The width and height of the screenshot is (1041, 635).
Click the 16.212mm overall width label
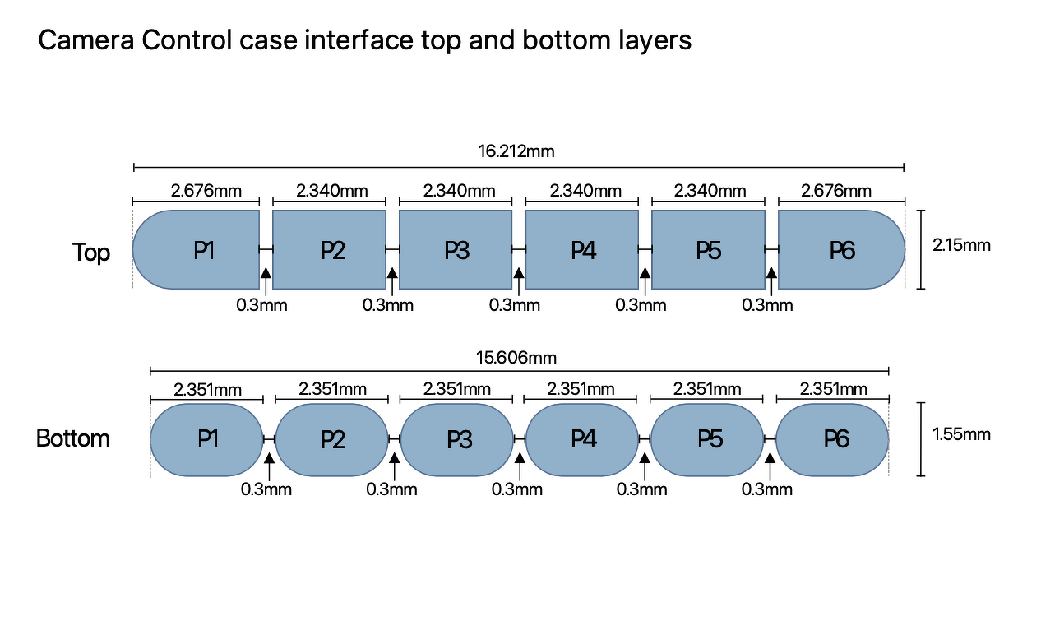point(516,151)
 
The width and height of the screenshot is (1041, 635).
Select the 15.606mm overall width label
point(516,358)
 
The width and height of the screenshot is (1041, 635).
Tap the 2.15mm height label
point(961,245)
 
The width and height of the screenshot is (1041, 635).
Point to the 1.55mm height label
point(961,434)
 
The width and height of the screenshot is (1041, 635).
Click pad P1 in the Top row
point(197,249)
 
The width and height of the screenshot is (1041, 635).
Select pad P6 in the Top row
point(842,249)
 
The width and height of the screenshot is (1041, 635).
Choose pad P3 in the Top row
point(456,249)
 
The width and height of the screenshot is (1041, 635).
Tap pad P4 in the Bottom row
point(582,440)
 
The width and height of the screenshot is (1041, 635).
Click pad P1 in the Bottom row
point(207,440)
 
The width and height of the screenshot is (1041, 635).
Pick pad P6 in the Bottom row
point(832,440)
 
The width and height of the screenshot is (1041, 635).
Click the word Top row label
point(91,253)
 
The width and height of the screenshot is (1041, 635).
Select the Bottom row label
point(73,438)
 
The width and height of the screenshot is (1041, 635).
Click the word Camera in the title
point(86,40)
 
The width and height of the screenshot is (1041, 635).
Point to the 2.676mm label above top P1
point(206,191)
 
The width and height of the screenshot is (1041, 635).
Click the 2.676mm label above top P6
point(835,191)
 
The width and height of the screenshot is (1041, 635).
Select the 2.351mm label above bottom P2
point(332,389)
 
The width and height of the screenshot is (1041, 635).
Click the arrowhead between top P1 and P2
point(266,273)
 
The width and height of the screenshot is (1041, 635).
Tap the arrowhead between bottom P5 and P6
point(770,458)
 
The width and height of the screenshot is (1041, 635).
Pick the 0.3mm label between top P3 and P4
point(515,305)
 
